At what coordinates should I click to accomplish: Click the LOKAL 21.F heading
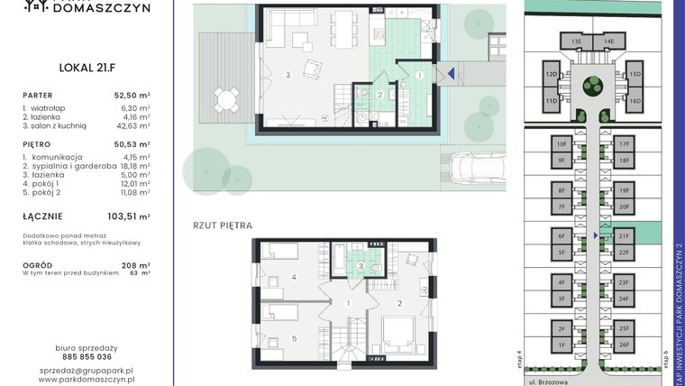87,66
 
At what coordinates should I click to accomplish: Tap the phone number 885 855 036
87,357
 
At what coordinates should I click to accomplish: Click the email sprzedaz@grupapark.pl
87,371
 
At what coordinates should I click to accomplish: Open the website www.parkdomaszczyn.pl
87,381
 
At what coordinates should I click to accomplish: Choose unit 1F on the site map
561,345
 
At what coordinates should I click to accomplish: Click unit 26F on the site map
624,345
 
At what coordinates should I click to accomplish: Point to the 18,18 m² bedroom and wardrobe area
132,166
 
